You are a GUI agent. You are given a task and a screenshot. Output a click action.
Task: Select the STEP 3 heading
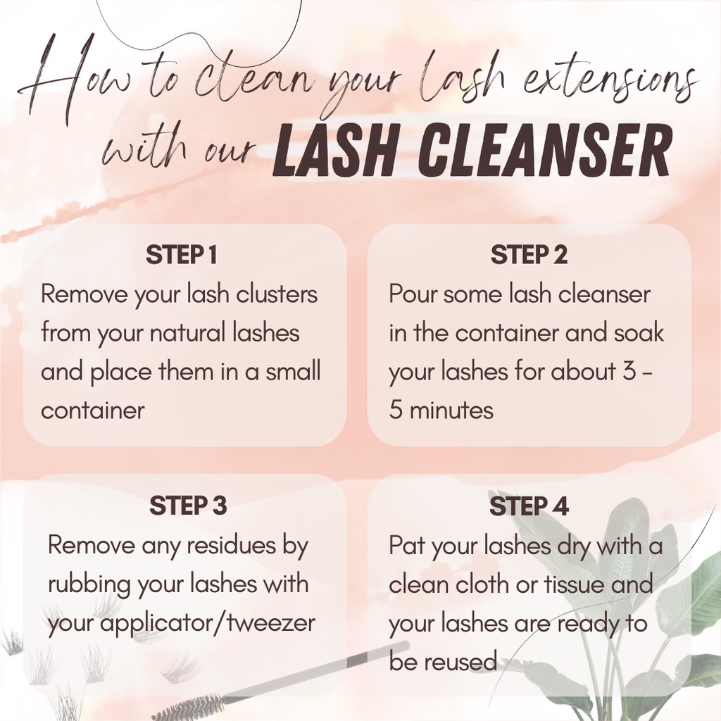[188, 506]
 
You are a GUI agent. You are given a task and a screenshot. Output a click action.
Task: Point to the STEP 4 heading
[529, 506]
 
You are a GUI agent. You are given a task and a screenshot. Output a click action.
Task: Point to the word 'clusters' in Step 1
[277, 294]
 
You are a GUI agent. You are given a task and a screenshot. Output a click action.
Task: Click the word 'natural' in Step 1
[187, 332]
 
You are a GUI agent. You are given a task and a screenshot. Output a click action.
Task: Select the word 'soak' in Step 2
[639, 332]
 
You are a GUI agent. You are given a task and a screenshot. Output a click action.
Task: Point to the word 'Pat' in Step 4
[407, 546]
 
